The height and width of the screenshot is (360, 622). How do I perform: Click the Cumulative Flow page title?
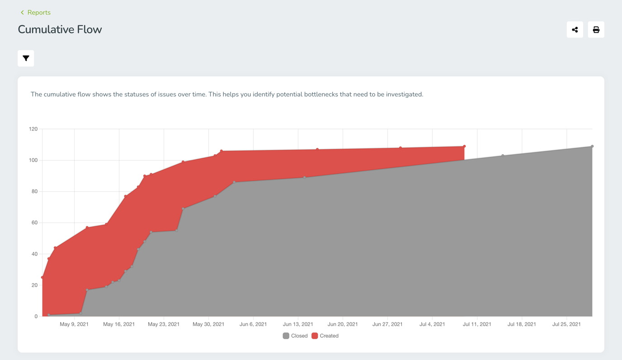(60, 29)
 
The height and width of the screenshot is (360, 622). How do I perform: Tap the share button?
(575, 30)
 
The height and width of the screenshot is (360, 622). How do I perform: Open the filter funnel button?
(26, 58)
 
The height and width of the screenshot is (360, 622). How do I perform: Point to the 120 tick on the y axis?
(33, 129)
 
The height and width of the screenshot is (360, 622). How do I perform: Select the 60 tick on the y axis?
(34, 223)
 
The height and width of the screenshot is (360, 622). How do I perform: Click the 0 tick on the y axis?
(36, 317)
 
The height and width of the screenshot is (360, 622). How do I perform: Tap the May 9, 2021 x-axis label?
(74, 324)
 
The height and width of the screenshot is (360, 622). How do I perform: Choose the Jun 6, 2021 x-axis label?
(253, 324)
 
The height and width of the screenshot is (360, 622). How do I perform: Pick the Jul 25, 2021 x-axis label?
(566, 324)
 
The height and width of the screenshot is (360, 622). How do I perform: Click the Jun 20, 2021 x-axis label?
(343, 324)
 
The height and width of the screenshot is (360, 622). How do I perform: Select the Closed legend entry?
(295, 336)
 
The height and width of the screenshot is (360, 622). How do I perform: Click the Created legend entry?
(325, 336)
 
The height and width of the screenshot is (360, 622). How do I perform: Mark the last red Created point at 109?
(464, 147)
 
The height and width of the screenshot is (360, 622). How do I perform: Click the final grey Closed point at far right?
(592, 147)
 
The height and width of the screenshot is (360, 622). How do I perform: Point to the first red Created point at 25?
(42, 277)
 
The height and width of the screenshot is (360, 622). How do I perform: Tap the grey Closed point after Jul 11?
(503, 156)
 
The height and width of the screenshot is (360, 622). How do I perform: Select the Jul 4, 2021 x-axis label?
(432, 324)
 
